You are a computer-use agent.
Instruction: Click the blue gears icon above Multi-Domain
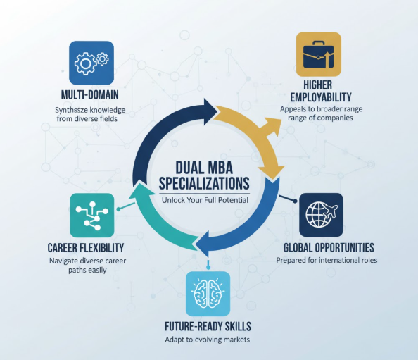pyautogui.click(x=91, y=63)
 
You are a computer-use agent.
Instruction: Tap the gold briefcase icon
pyautogui.click(x=317, y=55)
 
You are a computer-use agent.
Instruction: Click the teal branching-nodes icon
pyautogui.click(x=91, y=215)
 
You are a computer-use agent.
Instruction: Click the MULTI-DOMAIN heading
pyautogui.click(x=89, y=95)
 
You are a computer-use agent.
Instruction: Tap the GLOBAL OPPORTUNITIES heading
pyautogui.click(x=328, y=247)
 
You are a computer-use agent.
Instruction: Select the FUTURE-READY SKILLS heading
pyautogui.click(x=208, y=327)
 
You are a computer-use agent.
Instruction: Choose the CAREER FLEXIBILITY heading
pyautogui.click(x=86, y=247)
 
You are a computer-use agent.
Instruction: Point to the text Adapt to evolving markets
pyautogui.click(x=208, y=340)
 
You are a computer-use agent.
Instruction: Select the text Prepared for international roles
pyautogui.click(x=327, y=260)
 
